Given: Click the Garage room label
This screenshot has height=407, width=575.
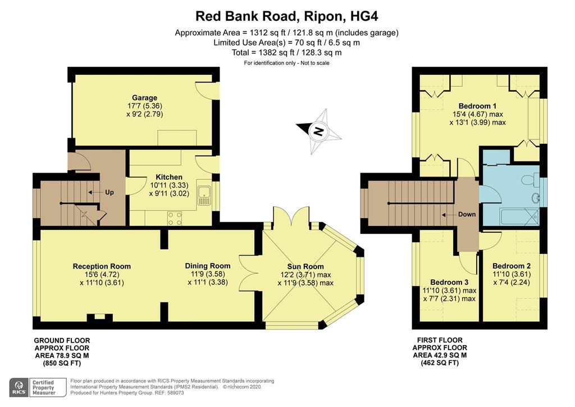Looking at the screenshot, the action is pos(144,98).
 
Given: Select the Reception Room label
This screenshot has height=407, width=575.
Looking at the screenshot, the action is pos(102,266).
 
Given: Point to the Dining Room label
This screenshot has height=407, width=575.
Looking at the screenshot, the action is pos(208,266).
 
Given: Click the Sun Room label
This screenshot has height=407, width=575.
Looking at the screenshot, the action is pos(305,266).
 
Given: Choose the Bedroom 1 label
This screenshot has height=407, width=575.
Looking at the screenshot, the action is pos(477,106).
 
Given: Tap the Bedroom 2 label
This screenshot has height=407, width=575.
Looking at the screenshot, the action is pos(512,266).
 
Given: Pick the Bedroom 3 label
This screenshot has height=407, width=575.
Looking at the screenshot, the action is pos(449,282).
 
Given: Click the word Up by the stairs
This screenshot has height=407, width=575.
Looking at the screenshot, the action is pos(109,192).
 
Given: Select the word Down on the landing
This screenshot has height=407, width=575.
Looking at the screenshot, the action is pos(467,214).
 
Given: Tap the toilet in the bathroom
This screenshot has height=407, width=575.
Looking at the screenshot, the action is pos(528,180).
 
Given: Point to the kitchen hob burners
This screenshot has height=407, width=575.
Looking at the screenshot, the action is pos(175,217).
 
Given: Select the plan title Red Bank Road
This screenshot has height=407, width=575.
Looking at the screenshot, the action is pos(287,16).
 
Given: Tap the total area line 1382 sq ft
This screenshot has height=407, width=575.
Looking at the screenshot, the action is pos(287,52).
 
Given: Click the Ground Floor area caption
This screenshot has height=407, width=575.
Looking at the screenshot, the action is pos(62,352).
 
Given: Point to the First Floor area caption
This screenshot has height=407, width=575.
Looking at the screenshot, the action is pos(440,351).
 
